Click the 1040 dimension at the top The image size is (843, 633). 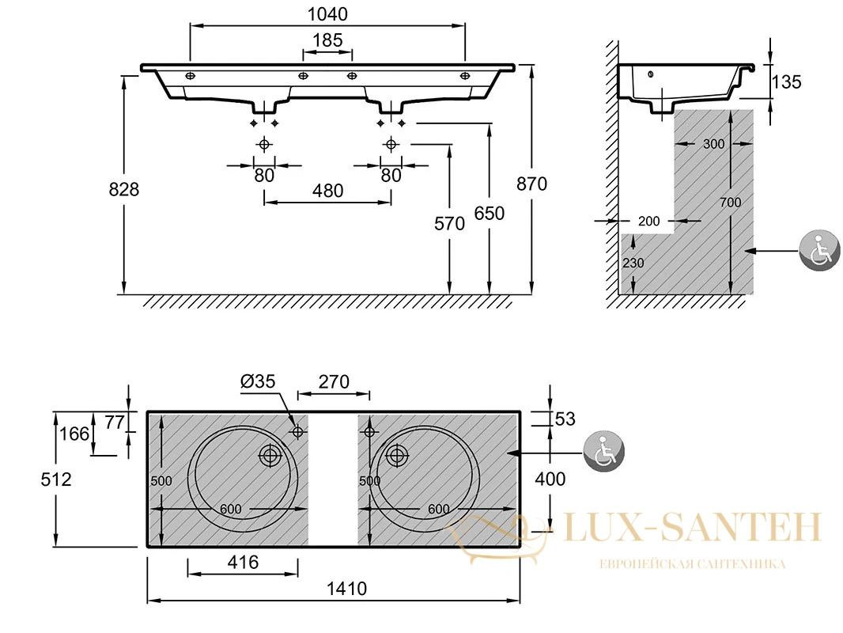[327, 14]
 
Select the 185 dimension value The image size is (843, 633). [327, 40]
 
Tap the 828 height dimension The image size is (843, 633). [123, 189]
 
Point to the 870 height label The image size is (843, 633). [531, 184]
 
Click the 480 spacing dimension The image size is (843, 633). [327, 191]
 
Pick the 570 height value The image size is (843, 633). [449, 223]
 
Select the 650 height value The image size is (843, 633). [490, 214]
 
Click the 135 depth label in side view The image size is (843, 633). [787, 82]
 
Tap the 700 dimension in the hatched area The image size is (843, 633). [730, 203]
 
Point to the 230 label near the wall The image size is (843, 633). [633, 263]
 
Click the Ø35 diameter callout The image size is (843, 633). [258, 381]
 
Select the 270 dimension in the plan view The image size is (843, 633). [334, 382]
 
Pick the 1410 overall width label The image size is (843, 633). [347, 589]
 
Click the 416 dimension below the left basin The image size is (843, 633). [243, 563]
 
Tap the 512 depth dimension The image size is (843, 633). [56, 479]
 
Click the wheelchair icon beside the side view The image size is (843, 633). [818, 251]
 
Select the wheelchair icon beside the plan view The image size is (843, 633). [603, 452]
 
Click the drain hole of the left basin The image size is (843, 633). [270, 456]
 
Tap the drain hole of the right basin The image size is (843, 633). [397, 456]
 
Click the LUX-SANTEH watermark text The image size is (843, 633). [693, 527]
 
